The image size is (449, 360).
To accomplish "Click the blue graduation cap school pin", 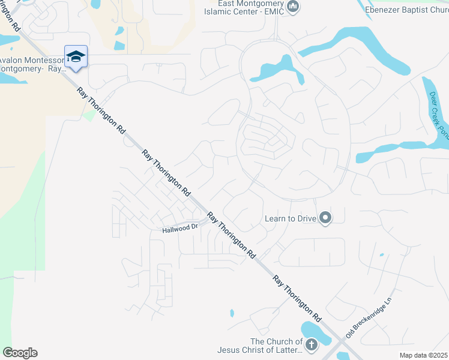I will tap(76, 57).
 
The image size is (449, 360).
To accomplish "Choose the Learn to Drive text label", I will tap(291, 218).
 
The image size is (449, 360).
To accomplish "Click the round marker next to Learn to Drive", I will tap(325, 218).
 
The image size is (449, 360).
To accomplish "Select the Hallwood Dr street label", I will tap(179, 229).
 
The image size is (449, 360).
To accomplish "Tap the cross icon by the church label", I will tap(311, 345).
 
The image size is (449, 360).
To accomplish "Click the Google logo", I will tap(20, 353).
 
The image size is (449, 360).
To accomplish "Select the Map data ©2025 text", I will tap(423, 355).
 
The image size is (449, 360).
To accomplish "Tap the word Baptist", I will tap(415, 9).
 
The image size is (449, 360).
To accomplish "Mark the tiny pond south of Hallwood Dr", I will tap(232, 313).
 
